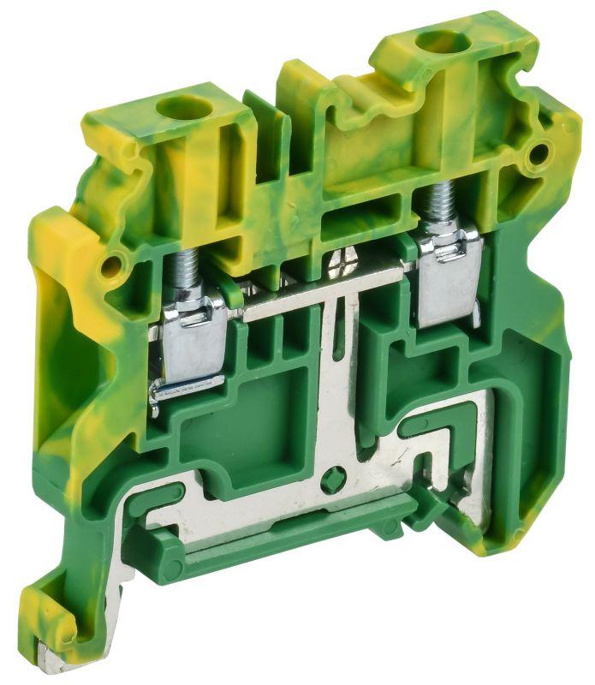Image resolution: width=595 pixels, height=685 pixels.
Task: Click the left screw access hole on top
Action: point(181,108)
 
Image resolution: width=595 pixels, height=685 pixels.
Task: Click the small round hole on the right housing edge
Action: point(538,155)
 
